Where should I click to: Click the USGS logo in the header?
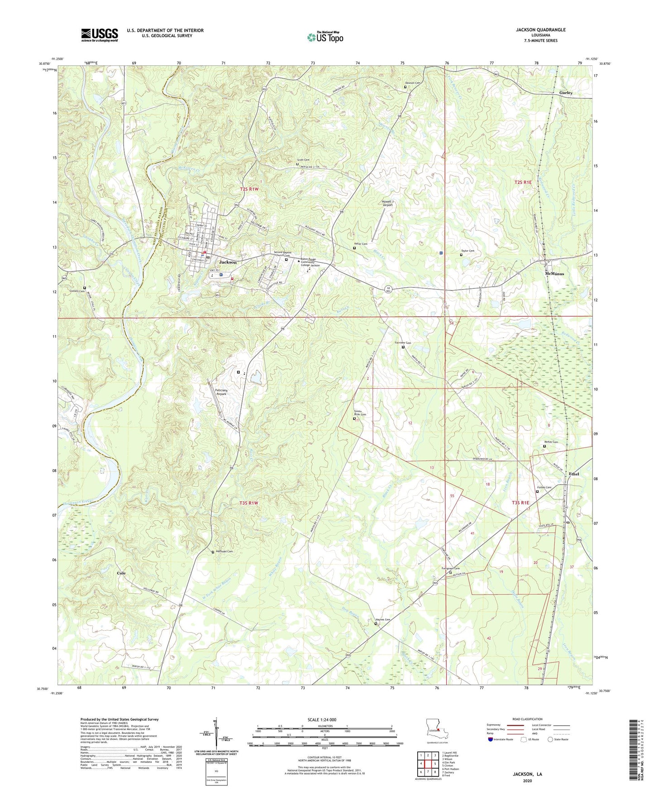[x=100, y=35]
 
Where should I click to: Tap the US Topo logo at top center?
[x=325, y=37]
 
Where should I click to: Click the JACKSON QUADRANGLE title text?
[x=540, y=30]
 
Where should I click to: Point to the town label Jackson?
[x=228, y=262]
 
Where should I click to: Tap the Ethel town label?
[x=574, y=474]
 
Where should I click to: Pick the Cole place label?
[x=121, y=573]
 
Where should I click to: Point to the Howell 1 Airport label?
[x=387, y=203]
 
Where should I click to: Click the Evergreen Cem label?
[x=450, y=569]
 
